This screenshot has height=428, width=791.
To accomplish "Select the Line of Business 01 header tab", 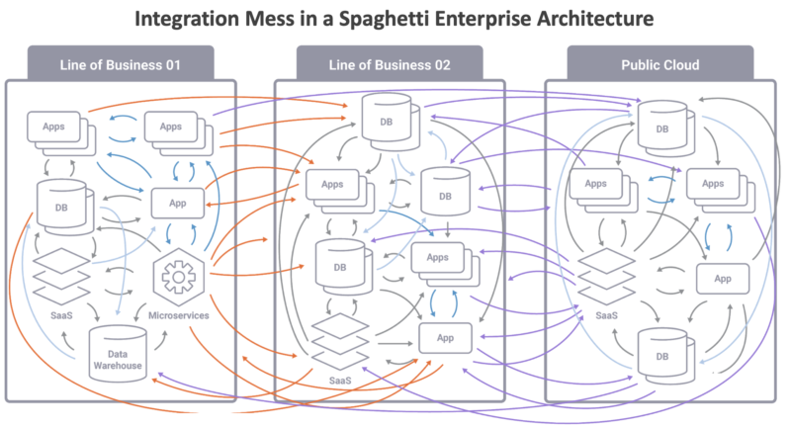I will point(122,65).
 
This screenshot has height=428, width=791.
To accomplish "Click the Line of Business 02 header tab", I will point(390,65).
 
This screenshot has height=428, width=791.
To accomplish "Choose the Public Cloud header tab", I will point(659,65).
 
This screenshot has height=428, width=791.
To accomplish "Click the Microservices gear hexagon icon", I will point(179,279).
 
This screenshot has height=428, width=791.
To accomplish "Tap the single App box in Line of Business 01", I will point(178,204).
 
